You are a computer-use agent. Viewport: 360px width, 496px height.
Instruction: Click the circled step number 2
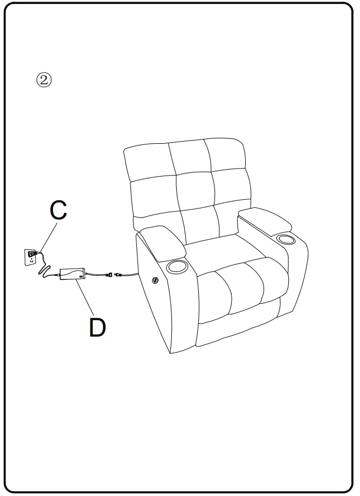(x=44, y=80)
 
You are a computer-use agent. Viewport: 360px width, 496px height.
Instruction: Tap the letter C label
(x=58, y=211)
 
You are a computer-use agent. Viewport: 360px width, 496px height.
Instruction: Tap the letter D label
(x=97, y=327)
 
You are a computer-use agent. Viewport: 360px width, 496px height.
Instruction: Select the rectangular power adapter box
(x=72, y=274)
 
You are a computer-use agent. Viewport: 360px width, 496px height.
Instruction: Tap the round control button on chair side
(x=155, y=280)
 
